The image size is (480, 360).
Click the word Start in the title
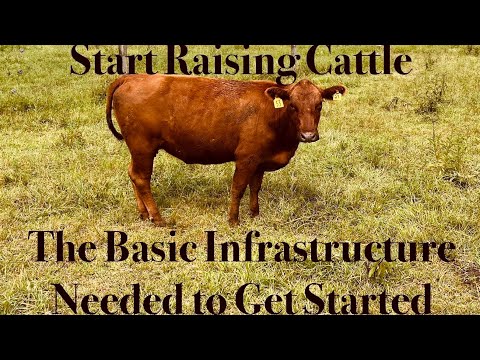coord(112,62)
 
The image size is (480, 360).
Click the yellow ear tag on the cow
coord(278,102)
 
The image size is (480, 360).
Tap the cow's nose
coord(309,135)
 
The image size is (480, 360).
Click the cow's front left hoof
coord(234,219)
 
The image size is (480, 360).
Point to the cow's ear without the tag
coord(335,92)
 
